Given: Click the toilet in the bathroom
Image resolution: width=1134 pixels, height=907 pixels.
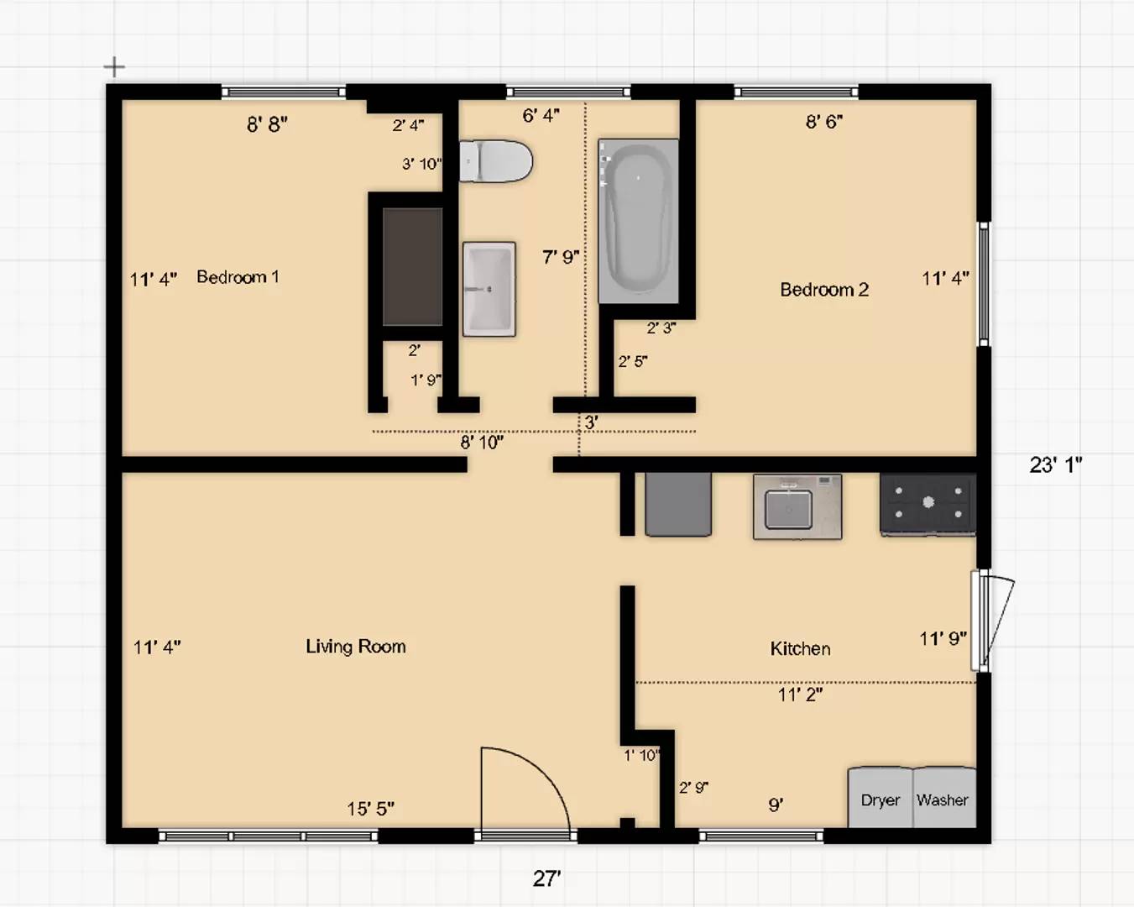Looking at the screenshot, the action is coord(496,161).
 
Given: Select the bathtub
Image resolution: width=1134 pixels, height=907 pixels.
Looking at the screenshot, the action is coord(638,222).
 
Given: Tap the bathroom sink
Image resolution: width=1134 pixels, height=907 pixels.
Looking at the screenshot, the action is coord(489,289).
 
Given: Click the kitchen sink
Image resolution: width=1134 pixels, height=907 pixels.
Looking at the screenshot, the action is coord(797,506).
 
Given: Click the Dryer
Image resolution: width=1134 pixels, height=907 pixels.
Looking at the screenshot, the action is coord(880,797).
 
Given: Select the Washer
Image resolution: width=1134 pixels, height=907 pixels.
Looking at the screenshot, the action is coord(944,797).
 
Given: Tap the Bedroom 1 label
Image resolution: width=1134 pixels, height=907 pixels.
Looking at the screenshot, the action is coord(238,277).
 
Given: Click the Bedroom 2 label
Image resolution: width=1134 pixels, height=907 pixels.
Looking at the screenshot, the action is coord(824,290).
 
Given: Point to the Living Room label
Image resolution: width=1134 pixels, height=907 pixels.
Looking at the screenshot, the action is coord(356,647).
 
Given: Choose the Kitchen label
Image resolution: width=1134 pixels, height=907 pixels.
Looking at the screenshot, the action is coord(800,648).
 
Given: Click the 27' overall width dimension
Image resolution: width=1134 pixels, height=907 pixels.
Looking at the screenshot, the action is coord(546,878).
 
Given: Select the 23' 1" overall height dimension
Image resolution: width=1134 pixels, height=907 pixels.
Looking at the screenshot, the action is coord(1055,465).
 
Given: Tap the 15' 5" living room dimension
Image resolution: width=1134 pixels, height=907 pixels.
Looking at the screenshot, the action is coord(370,809).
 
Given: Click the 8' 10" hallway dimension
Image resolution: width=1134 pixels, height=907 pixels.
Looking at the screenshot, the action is coord(482,442).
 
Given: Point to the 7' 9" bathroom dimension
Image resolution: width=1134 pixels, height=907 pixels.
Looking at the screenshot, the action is coord(561,257).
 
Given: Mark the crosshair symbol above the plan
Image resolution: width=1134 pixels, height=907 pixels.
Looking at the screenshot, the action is coord(114,67).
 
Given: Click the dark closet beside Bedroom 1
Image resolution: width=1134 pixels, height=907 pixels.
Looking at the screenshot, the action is coord(412,267).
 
